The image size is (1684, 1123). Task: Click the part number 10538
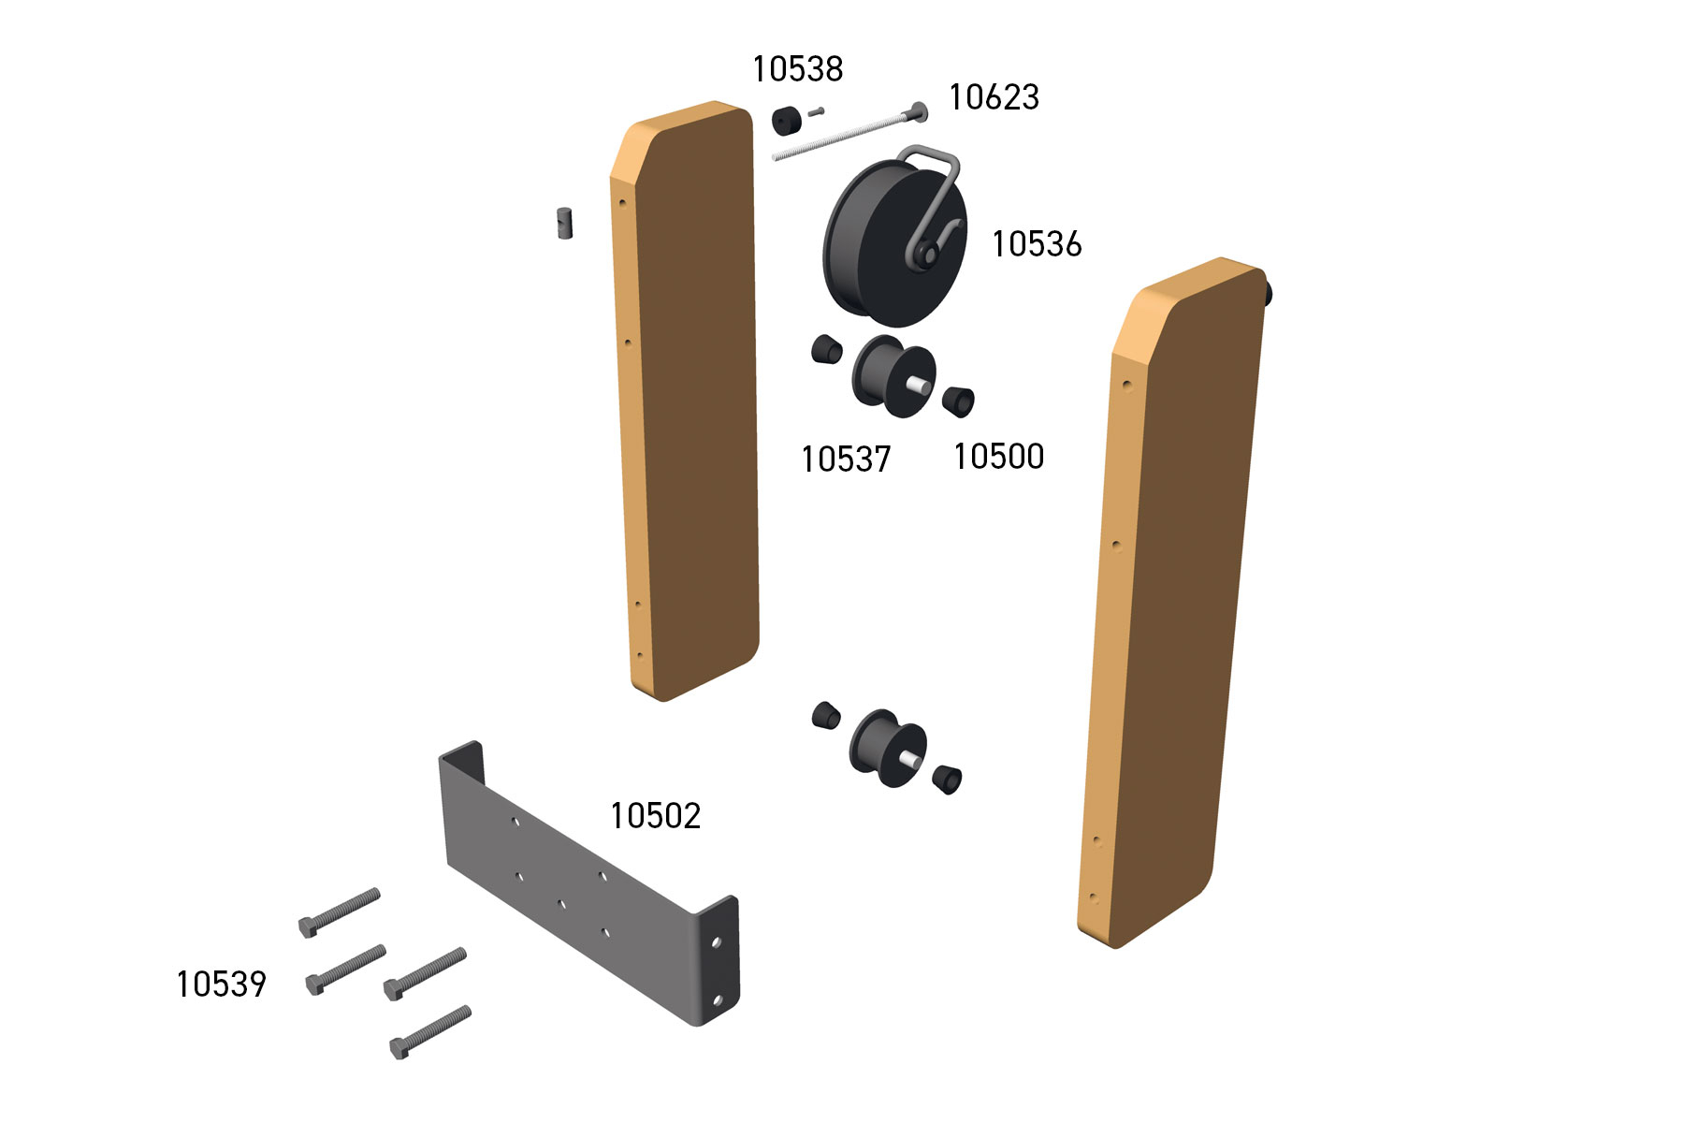798,68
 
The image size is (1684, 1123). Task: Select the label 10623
994,96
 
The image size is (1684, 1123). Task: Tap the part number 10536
1037,243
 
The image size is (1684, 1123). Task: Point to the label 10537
846,459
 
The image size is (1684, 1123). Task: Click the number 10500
998,456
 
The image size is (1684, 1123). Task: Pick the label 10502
655,816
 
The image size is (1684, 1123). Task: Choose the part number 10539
221,984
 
